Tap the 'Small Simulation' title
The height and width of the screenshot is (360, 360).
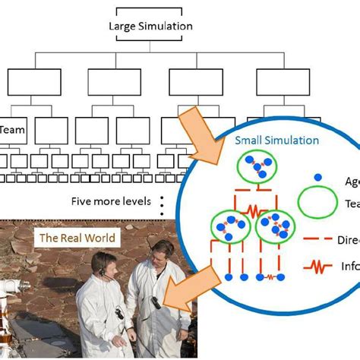pos(276,141)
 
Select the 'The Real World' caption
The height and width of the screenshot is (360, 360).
pos(77,238)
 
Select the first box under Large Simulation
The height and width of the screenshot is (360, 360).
pos(28,81)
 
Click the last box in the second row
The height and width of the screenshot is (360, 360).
pos(278,81)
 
